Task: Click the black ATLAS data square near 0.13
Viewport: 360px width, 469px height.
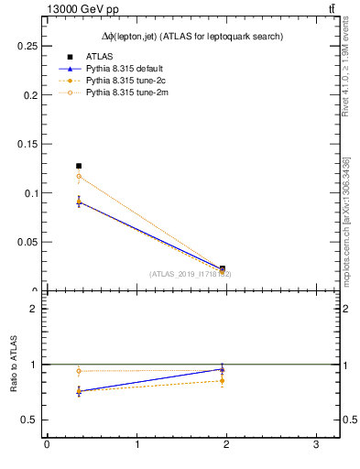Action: [79, 166]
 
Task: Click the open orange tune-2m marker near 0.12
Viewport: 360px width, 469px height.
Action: [79, 176]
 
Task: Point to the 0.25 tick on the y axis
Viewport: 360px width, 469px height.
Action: [27, 45]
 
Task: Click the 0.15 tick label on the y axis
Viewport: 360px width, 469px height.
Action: [27, 144]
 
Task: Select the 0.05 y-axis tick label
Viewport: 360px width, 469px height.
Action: [27, 243]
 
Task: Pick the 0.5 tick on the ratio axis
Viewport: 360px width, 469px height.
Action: [30, 420]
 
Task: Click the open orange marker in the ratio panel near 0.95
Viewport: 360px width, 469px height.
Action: [79, 371]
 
